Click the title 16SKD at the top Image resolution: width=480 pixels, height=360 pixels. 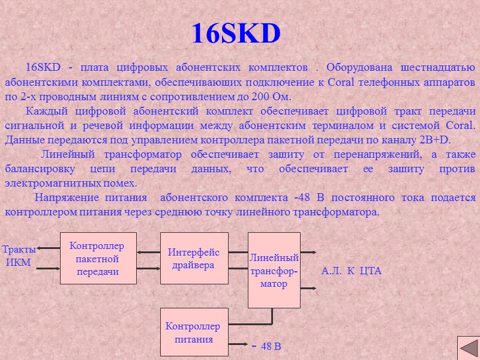[236, 34]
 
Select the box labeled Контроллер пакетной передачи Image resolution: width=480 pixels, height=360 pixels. [98, 259]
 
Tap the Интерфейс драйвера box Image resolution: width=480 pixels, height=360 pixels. [194, 259]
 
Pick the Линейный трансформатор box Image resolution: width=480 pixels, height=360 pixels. [274, 271]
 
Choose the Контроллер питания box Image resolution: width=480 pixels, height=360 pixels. [194, 332]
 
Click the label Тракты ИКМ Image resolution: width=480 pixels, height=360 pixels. [19, 256]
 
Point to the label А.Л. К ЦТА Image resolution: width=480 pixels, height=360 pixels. [352, 271]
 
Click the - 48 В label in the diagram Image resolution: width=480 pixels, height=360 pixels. [267, 347]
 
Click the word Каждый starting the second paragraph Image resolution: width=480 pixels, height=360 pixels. [46, 111]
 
